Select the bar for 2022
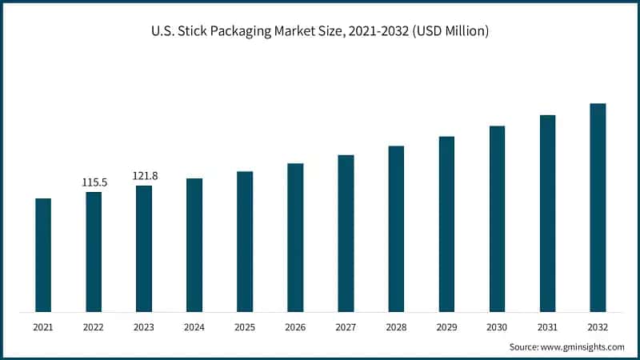click(94, 251)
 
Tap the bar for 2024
click(194, 244)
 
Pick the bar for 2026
click(295, 237)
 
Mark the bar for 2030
click(497, 218)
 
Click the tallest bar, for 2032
click(598, 207)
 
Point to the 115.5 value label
click(94, 182)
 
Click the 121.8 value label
click(145, 176)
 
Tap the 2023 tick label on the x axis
click(144, 327)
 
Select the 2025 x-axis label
click(245, 327)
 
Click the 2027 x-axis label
click(346, 327)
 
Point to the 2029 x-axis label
click(446, 327)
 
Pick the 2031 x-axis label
click(547, 327)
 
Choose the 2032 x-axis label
click(598, 327)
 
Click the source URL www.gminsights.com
click(582, 347)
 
